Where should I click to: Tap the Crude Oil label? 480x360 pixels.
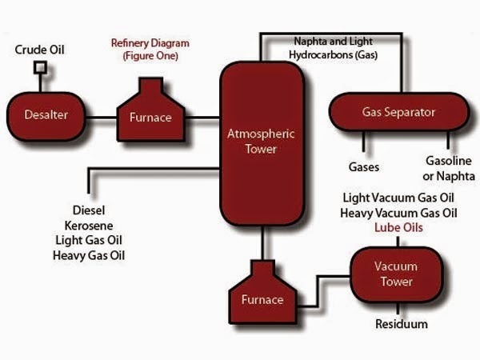(41, 50)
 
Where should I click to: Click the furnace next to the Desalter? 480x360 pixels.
(150, 112)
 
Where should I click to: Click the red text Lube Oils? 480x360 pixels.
(398, 228)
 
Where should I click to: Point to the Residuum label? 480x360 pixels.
(401, 324)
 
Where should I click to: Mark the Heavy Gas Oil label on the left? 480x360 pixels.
(90, 256)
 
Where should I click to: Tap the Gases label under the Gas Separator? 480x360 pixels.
(363, 168)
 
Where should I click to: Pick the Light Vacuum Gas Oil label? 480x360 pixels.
(398, 198)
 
